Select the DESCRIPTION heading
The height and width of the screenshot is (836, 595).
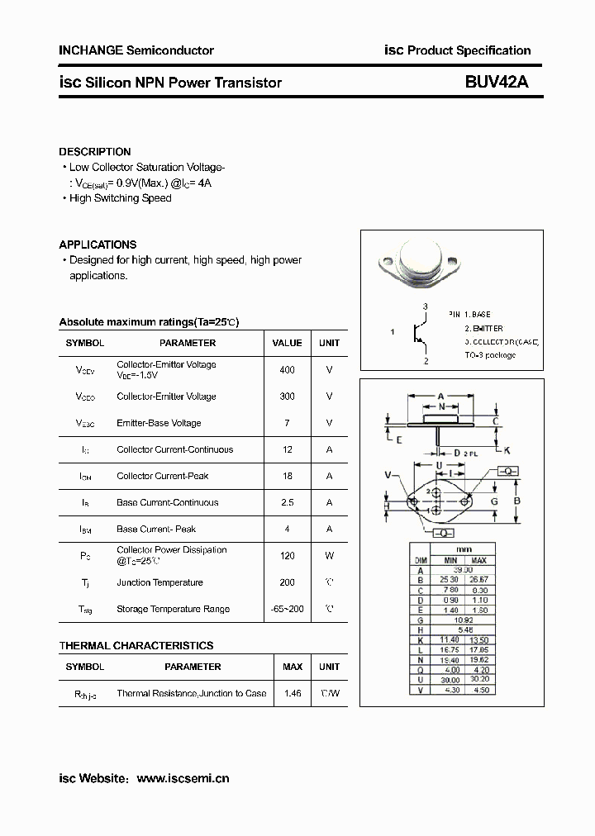[94, 152]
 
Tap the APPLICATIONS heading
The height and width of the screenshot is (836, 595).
[98, 245]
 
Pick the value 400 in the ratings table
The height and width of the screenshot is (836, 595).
[287, 370]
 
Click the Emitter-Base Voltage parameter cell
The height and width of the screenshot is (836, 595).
[159, 423]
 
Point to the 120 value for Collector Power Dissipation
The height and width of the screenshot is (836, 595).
[287, 556]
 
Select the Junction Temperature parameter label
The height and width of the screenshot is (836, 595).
[159, 582]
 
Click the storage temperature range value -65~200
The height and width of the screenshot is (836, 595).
[287, 609]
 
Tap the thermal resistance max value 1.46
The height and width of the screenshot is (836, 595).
[293, 693]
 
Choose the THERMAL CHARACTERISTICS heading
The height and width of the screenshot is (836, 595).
[136, 645]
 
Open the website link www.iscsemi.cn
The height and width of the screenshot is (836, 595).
[183, 778]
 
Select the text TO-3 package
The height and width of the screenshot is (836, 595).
[489, 355]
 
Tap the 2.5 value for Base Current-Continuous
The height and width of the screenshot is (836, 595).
[287, 502]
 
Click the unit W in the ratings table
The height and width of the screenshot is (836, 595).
[329, 556]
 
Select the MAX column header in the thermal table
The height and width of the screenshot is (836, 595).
[293, 667]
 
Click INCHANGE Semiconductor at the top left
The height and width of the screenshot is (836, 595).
[136, 50]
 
